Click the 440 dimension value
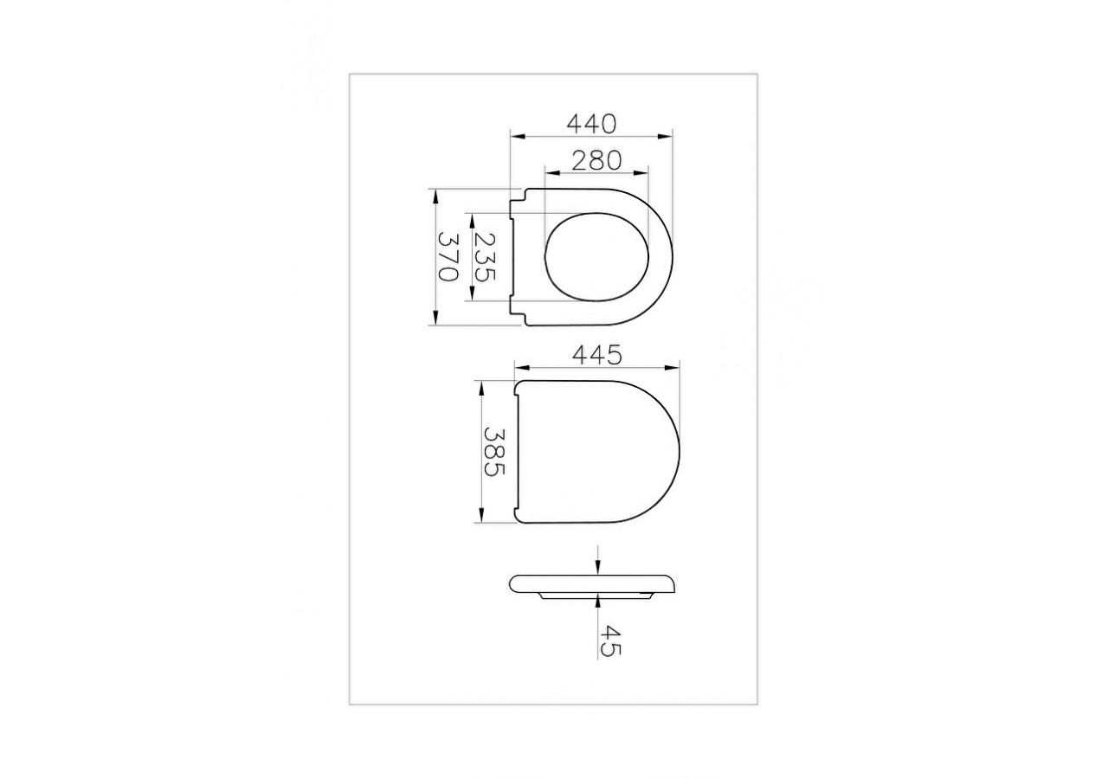(x=591, y=124)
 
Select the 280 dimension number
(x=596, y=160)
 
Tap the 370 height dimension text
(x=447, y=257)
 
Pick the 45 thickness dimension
(x=609, y=641)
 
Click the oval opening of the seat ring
(x=596, y=257)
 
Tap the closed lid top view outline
(x=597, y=451)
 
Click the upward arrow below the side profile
(x=598, y=598)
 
